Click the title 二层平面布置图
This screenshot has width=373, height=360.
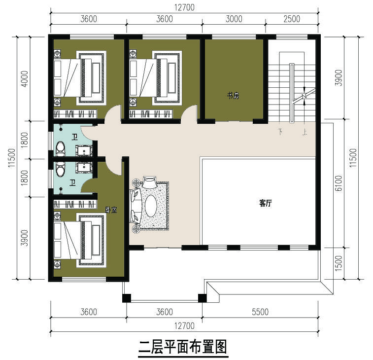click(182, 347)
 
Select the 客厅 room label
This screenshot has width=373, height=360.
click(266, 203)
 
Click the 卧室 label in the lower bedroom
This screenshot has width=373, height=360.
click(111, 210)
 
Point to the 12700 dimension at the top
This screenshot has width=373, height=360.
click(185, 7)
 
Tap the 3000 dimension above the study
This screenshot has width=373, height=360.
click(234, 19)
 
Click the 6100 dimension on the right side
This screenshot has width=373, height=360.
click(338, 184)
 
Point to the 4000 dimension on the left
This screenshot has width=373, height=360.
click(25, 78)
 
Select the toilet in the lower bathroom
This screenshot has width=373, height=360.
click(61, 169)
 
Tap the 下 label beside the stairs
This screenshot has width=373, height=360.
click(281, 132)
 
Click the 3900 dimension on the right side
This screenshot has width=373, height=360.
click(338, 78)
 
